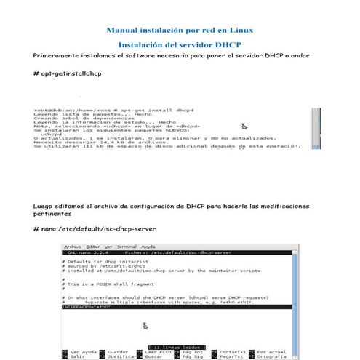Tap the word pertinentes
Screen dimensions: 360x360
[53, 215]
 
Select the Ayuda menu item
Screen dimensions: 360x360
[148, 247]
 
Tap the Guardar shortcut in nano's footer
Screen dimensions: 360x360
[119, 353]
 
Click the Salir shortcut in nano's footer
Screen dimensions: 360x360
[76, 358]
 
